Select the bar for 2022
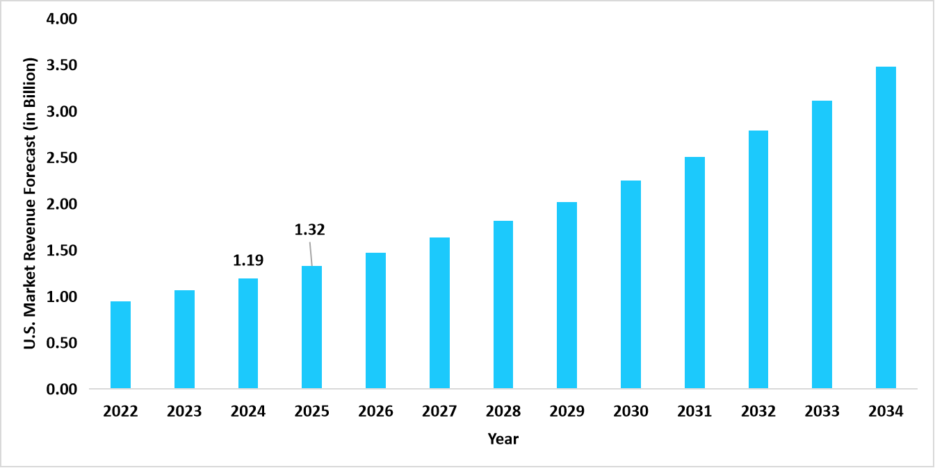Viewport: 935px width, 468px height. point(120,344)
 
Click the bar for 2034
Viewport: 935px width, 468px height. point(886,227)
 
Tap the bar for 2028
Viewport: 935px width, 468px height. point(503,304)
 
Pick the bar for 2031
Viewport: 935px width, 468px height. point(694,272)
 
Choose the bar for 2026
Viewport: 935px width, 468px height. point(375,320)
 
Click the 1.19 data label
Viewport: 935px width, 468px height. point(248,261)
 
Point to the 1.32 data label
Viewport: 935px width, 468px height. point(309,230)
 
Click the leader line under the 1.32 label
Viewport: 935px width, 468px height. point(311,253)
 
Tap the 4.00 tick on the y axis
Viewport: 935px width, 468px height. point(61,19)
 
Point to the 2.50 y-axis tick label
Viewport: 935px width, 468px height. point(61,158)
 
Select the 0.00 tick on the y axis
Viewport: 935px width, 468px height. point(61,390)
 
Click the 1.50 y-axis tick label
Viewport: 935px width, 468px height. point(61,251)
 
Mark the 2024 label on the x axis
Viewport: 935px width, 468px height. point(248,412)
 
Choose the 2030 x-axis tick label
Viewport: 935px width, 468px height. point(631,412)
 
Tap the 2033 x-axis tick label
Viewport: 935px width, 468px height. point(822,412)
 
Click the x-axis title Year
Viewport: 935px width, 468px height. point(503,439)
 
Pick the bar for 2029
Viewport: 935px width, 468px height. point(567,295)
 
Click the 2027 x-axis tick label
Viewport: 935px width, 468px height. point(439,412)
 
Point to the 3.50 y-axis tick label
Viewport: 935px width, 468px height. point(61,65)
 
